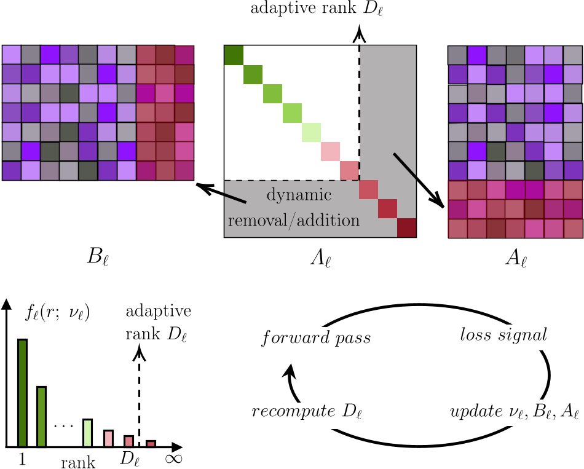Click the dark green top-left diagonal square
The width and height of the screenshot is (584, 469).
pos(234,55)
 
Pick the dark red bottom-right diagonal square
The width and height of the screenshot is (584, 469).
pos(406,228)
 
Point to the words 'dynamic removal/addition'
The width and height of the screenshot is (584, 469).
pos(294,208)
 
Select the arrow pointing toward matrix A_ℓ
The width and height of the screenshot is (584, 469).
pos(419,179)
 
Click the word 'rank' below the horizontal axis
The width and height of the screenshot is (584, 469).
pos(78,462)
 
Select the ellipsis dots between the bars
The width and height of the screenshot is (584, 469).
pos(63,425)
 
